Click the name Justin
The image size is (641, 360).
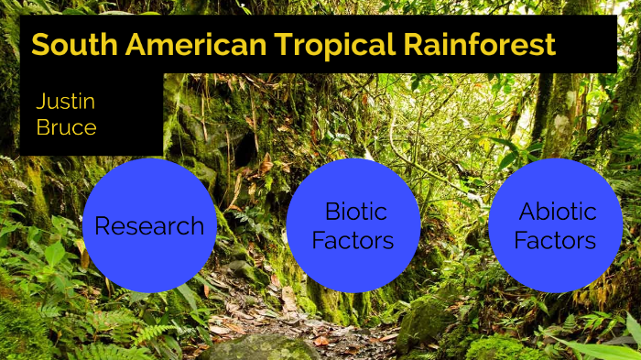click(66, 102)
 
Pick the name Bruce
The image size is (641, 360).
click(66, 127)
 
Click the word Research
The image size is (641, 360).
click(149, 225)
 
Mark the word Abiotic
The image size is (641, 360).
click(558, 212)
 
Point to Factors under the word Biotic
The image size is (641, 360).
click(353, 241)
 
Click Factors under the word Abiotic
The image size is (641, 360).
click(555, 241)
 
